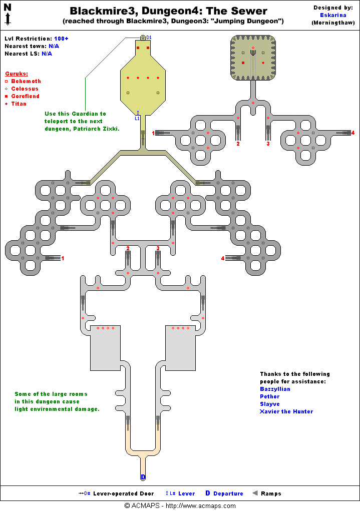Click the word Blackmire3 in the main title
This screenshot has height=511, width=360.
(x=98, y=11)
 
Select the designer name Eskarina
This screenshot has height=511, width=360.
(x=332, y=15)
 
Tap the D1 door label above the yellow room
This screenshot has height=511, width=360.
(x=149, y=38)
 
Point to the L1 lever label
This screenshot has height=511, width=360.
(x=137, y=119)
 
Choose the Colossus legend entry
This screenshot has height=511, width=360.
(x=25, y=89)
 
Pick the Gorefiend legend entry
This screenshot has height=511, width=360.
(x=25, y=96)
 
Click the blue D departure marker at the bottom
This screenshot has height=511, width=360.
(x=143, y=477)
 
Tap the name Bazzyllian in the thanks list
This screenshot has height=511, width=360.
(x=275, y=389)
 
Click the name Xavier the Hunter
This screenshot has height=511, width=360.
(x=286, y=411)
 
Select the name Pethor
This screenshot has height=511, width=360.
(x=269, y=396)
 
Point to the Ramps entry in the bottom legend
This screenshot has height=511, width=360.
(x=270, y=493)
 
